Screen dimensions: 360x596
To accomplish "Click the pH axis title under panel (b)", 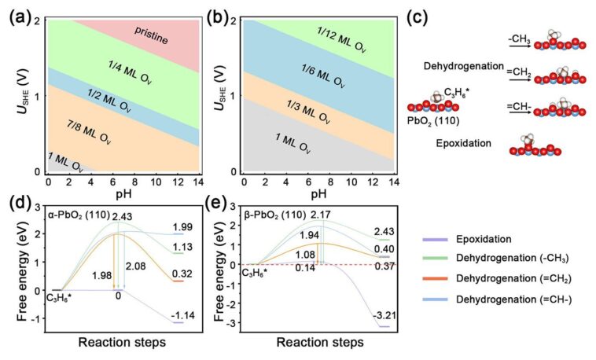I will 318,193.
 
